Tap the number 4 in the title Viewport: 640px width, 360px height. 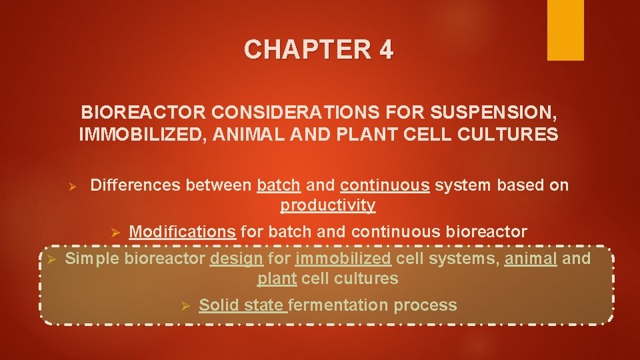point(385,50)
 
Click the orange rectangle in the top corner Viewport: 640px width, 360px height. point(565,30)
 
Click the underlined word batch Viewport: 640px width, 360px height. point(279,185)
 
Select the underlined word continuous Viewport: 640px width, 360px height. point(385,185)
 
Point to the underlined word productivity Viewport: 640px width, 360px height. point(327,205)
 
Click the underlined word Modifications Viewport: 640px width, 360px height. point(182,232)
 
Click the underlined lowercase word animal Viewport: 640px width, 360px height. point(531,258)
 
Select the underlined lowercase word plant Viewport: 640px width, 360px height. point(277,279)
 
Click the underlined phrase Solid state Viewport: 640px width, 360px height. point(243,305)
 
